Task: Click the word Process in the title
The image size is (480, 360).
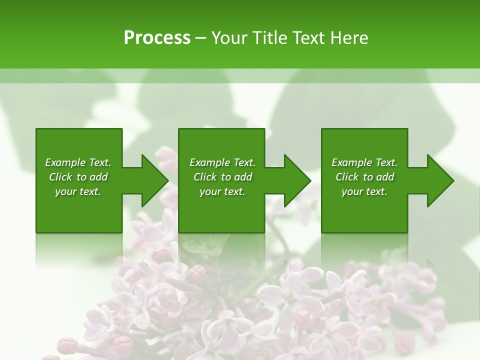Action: click(157, 37)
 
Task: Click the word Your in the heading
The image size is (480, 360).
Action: click(229, 37)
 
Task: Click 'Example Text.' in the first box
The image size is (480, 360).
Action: click(78, 162)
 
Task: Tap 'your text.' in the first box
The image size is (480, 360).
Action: click(78, 191)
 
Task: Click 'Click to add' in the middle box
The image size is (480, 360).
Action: click(222, 177)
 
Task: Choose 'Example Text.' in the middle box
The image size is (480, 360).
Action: click(222, 162)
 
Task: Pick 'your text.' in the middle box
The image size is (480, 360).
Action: click(222, 191)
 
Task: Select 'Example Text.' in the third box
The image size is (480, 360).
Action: click(364, 162)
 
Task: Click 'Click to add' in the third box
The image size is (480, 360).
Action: click(364, 177)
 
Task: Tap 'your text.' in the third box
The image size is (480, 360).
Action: click(364, 191)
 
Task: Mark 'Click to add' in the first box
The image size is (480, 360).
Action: click(78, 177)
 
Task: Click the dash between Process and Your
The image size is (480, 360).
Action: click(200, 38)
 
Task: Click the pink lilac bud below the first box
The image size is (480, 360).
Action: click(197, 273)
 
